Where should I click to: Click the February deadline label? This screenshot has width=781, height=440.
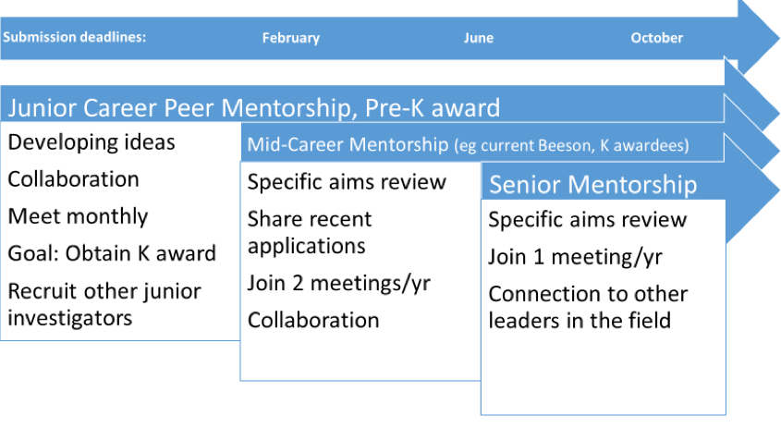click(291, 38)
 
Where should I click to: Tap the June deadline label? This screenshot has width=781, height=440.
click(479, 38)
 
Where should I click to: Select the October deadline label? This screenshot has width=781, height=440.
click(656, 38)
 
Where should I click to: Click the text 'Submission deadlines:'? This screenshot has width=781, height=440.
click(74, 37)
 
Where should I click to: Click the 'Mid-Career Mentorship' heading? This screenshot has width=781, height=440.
click(348, 144)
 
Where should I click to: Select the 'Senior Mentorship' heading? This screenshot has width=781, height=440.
click(592, 185)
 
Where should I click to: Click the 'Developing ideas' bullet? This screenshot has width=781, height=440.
click(92, 142)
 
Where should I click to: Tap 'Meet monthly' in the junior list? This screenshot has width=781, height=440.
click(78, 216)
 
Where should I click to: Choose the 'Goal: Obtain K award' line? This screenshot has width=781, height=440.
click(112, 253)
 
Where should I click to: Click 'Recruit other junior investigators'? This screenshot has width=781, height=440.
click(104, 304)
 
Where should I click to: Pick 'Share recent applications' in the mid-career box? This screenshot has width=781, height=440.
click(310, 233)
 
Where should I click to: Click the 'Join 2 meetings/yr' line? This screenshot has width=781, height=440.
click(338, 284)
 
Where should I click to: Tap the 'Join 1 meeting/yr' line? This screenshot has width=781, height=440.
click(575, 257)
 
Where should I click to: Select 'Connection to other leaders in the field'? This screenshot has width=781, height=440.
click(588, 308)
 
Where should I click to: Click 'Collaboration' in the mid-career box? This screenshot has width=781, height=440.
click(313, 321)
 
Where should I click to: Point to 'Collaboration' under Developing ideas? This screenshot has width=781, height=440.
click(73, 179)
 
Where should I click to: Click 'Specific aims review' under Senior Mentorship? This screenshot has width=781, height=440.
click(587, 220)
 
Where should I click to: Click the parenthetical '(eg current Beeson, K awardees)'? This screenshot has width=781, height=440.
click(571, 145)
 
